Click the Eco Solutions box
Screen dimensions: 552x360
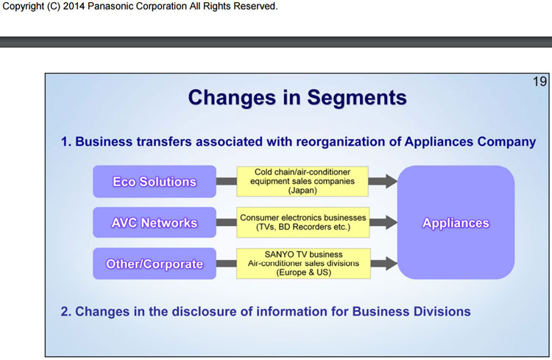(x=155, y=181)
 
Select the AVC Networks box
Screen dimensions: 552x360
(x=155, y=222)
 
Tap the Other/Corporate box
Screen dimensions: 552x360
(x=155, y=264)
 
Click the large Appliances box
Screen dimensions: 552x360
(x=456, y=222)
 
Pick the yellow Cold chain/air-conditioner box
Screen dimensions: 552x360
(x=302, y=181)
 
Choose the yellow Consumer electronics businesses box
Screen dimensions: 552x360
(x=303, y=222)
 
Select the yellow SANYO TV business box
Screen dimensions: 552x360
(x=303, y=264)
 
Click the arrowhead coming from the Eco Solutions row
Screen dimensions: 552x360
(x=391, y=181)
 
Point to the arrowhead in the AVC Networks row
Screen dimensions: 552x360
(x=391, y=222)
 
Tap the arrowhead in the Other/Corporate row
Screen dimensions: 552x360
(x=391, y=264)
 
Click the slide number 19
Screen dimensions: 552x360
(x=539, y=82)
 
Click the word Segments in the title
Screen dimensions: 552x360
(x=357, y=98)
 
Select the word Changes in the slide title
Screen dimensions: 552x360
(x=232, y=97)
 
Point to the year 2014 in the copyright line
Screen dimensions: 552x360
(x=74, y=7)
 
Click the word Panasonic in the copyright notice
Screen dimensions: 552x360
(x=113, y=7)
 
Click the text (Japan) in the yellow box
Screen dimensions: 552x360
(x=302, y=191)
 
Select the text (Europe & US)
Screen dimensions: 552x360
(x=303, y=272)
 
